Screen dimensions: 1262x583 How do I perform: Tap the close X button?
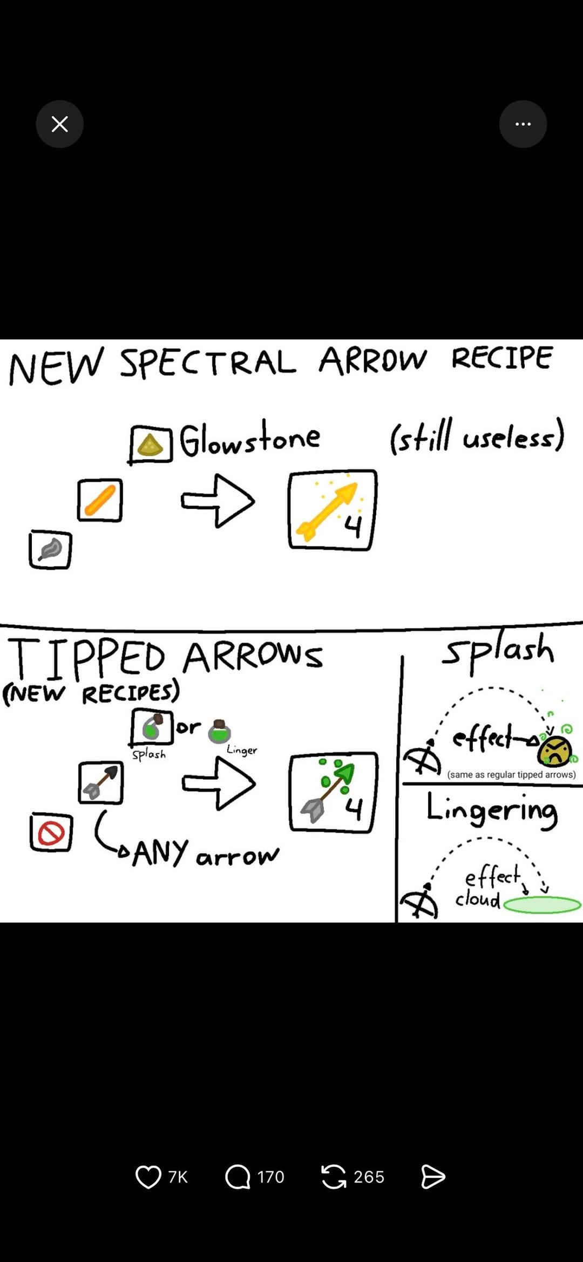point(59,124)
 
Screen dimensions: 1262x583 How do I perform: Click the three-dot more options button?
point(523,124)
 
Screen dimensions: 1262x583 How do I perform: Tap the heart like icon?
point(148,1177)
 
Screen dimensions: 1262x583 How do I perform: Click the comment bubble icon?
point(238,1177)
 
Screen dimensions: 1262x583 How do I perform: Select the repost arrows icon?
point(334,1177)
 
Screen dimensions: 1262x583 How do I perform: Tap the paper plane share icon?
point(433,1177)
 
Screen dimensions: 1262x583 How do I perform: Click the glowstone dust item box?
point(151,444)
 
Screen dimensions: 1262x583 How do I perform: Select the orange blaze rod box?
point(100,500)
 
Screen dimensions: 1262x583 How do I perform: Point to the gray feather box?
point(50,550)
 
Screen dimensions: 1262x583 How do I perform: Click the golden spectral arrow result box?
point(332,510)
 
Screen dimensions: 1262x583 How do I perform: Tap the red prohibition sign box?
point(51,832)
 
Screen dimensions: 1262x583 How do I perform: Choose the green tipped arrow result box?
point(333,792)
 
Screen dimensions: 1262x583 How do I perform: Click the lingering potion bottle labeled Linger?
point(219,732)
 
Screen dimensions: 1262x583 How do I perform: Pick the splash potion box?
point(152,727)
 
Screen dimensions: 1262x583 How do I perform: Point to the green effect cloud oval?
point(542,905)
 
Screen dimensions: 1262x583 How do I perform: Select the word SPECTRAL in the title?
point(208,362)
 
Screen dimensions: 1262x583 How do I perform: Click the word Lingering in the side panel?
point(492,810)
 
